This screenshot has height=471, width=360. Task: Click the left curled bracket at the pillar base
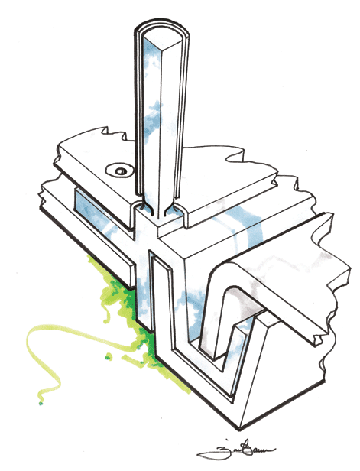click(139, 211)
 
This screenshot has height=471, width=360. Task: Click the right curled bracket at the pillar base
click(181, 213)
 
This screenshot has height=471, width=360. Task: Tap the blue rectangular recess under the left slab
click(95, 214)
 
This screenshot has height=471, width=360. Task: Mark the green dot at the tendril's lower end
click(37, 401)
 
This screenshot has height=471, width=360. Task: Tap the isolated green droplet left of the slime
click(108, 357)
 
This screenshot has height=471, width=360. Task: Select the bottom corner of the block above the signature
click(230, 420)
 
